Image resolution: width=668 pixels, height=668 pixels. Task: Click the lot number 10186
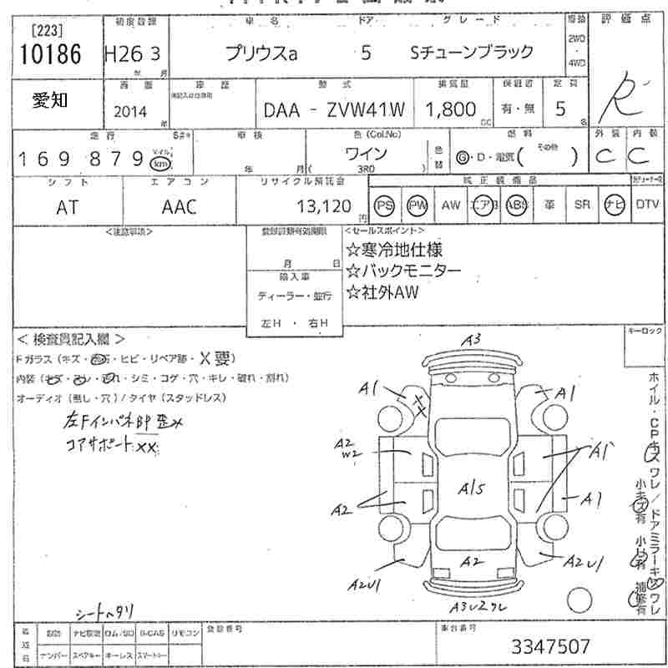(48, 55)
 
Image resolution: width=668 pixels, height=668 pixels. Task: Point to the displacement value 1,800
(452, 109)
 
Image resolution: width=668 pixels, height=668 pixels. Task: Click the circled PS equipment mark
(384, 205)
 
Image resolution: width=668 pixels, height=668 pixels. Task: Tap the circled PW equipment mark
(417, 205)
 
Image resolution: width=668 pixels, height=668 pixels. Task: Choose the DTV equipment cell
(646, 205)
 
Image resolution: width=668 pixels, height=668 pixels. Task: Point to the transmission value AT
(68, 207)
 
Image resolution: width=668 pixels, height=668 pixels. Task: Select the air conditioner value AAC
(179, 207)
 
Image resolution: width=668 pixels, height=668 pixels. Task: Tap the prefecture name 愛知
(50, 100)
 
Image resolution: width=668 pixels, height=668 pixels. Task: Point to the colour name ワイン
(366, 154)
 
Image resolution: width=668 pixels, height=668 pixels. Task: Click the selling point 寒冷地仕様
(395, 249)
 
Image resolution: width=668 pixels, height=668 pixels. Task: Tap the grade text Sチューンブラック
(473, 52)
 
